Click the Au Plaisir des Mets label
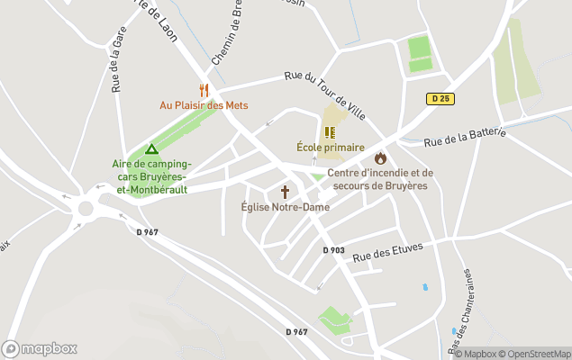(204, 105)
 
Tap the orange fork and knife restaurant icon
(204, 90)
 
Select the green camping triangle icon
(151, 149)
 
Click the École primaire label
(331, 147)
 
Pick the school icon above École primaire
(330, 131)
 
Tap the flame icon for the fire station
(380, 158)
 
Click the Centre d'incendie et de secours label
(380, 179)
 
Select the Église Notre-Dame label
(285, 207)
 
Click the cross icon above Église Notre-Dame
(286, 192)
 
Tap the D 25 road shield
(440, 97)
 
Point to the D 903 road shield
(333, 250)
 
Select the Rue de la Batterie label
(465, 136)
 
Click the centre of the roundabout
(86, 209)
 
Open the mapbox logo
(40, 348)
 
